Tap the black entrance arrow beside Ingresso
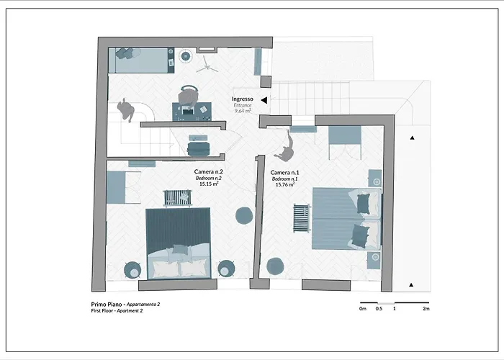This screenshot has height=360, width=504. click(264, 101)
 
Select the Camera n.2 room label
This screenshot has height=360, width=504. click(209, 171)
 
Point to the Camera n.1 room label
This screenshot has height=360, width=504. click(284, 174)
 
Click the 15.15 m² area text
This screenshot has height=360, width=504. click(209, 184)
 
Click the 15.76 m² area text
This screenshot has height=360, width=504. click(286, 185)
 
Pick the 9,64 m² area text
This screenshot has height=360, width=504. click(242, 111)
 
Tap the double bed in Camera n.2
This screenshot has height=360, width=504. click(178, 243)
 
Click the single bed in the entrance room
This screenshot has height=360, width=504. click(142, 60)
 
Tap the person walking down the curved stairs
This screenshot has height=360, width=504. click(128, 109)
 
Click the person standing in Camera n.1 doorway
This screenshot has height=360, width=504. click(287, 150)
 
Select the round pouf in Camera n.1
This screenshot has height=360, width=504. click(275, 266)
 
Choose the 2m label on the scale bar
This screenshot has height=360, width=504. click(426, 309)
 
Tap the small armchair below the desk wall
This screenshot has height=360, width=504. click(198, 147)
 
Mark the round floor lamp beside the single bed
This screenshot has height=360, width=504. click(186, 55)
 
